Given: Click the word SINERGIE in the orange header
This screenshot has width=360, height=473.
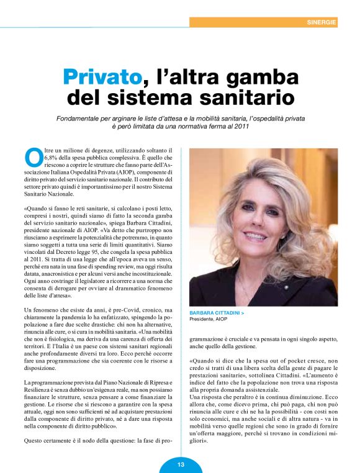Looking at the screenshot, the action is click(322, 22).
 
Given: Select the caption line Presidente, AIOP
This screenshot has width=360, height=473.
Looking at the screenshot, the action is click(209, 320).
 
